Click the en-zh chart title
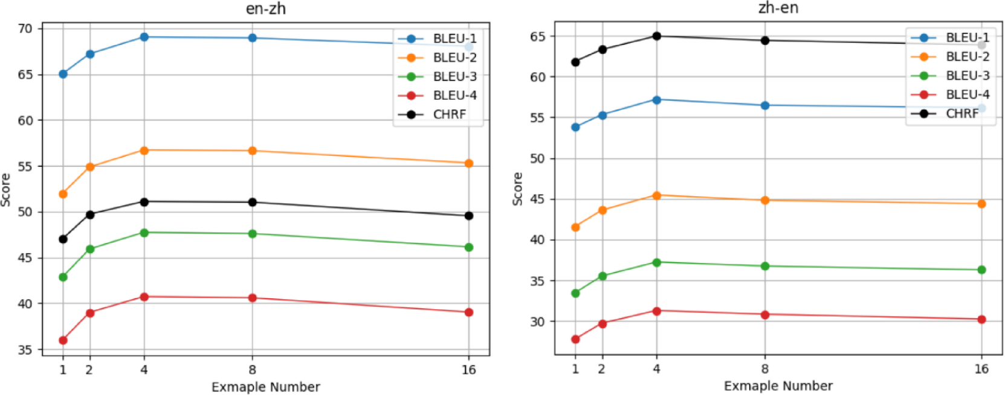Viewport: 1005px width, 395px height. coord(265,8)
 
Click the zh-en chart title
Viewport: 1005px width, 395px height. coord(778,8)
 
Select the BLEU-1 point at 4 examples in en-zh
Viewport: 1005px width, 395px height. coord(144,37)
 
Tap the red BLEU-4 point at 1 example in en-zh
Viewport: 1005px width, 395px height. coord(63,341)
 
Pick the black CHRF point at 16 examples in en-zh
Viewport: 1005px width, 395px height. coord(469,216)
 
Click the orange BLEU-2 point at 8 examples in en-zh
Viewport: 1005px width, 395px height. coord(253,150)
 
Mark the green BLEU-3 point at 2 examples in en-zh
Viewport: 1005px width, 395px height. coord(90,249)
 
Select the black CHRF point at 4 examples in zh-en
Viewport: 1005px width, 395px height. coord(656,36)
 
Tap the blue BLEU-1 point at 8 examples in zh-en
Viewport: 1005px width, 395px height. coord(765,105)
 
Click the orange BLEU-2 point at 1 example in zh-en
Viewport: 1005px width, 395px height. coord(575,228)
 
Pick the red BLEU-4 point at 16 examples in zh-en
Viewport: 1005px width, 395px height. coord(981,320)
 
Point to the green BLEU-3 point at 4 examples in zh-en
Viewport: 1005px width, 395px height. coord(656,263)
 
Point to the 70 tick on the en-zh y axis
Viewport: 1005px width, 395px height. coord(25,28)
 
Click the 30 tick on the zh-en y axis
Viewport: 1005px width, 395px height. coord(538,322)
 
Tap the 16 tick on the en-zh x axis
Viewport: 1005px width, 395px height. coord(469,370)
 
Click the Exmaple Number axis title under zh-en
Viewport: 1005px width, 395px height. coord(778,386)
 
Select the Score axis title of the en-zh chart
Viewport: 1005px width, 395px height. coord(6,190)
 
